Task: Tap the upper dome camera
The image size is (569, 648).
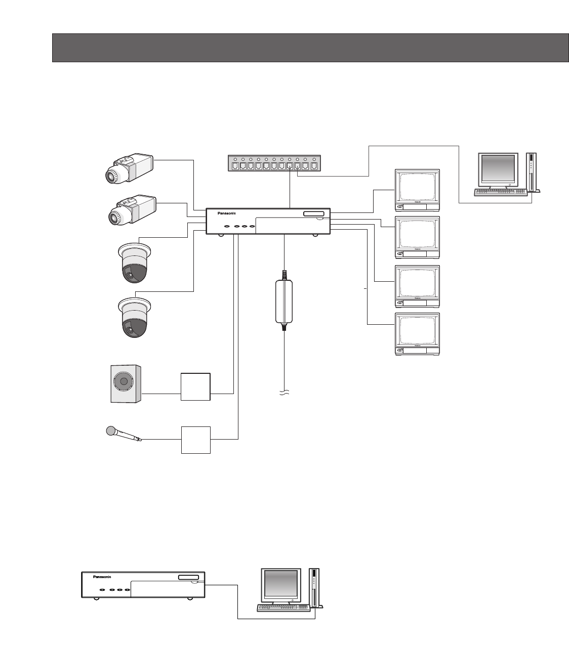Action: click(x=134, y=263)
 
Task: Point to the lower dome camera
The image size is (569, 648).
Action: click(x=134, y=317)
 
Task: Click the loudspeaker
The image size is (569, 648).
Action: click(x=126, y=384)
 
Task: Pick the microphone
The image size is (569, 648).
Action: click(x=124, y=434)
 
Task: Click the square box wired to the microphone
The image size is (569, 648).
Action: click(x=195, y=440)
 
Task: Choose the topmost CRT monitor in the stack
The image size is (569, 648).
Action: click(x=417, y=190)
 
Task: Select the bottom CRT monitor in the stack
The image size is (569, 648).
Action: click(x=417, y=334)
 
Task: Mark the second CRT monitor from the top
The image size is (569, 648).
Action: click(x=417, y=237)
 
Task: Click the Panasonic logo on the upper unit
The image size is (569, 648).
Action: click(x=227, y=213)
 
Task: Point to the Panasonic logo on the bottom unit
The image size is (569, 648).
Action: click(x=102, y=577)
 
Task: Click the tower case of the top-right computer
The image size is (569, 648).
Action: click(x=532, y=172)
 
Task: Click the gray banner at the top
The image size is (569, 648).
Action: click(x=310, y=48)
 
